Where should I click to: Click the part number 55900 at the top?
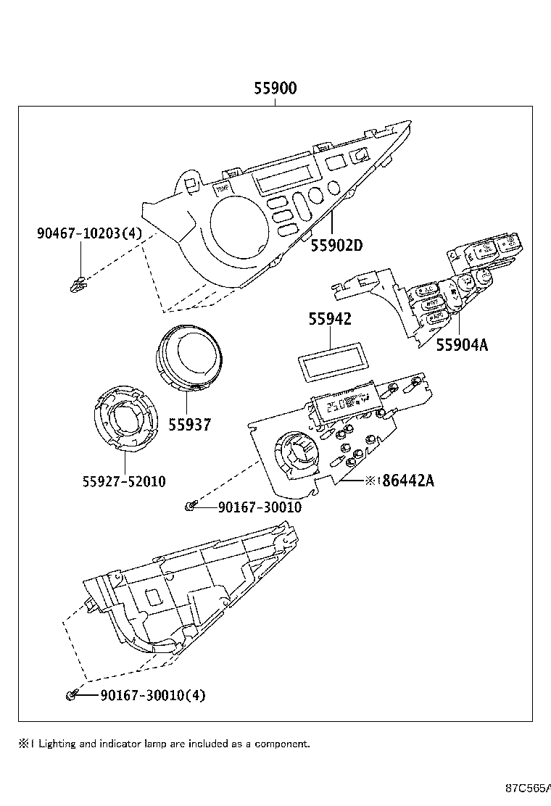(x=275, y=89)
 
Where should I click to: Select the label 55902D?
(x=336, y=245)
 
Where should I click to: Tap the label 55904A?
(x=462, y=345)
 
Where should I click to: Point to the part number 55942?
(x=330, y=319)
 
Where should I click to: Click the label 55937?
(x=190, y=424)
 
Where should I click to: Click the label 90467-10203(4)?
(x=89, y=233)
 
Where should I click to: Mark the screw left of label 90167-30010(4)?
(x=71, y=696)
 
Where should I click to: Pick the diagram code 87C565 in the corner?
(x=527, y=788)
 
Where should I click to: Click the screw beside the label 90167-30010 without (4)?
(x=190, y=506)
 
